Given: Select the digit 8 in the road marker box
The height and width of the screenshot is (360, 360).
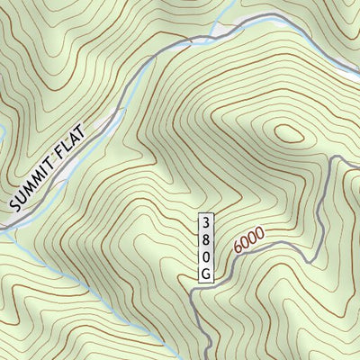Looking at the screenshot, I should point(205,238).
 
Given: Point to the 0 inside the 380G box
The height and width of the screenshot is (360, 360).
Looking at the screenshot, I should point(205,255).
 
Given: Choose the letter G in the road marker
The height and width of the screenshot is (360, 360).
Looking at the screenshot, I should point(205,272).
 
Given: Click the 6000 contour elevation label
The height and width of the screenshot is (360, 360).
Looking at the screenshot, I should point(248,239).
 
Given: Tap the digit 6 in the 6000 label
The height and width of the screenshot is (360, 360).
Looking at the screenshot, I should point(237,247).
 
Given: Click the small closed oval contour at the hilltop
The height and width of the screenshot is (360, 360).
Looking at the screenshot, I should point(289,134).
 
